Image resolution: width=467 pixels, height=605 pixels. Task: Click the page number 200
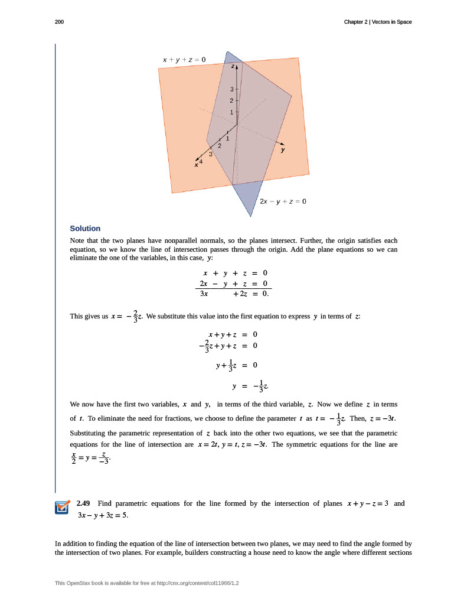(x=59, y=22)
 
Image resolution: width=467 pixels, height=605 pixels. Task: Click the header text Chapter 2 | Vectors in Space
(x=378, y=22)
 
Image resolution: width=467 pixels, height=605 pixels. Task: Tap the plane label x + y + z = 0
(x=184, y=60)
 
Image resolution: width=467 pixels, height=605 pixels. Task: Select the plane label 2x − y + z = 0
(x=283, y=201)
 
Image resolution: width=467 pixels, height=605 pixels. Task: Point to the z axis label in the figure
(x=233, y=67)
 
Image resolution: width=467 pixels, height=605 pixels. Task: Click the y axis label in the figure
(x=283, y=150)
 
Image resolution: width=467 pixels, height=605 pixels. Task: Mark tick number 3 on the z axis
(x=232, y=89)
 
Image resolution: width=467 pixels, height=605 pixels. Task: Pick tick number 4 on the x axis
(x=201, y=161)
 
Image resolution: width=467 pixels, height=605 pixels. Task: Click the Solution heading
(x=85, y=229)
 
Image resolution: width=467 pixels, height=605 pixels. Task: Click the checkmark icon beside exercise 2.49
(x=62, y=508)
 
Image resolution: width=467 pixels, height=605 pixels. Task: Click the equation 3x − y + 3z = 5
(x=103, y=515)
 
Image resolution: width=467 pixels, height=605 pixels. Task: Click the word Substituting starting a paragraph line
(x=90, y=433)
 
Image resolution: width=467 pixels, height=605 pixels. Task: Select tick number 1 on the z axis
(x=232, y=112)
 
